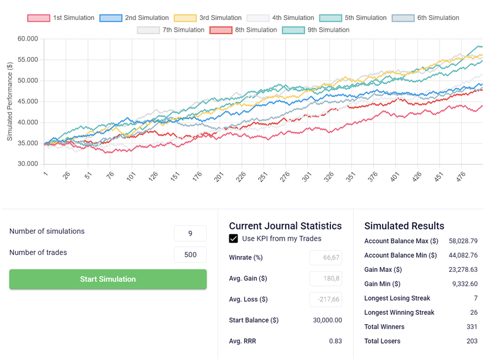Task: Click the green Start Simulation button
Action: pos(108,279)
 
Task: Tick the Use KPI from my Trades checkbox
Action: pos(234,238)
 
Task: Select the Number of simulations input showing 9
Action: pos(190,233)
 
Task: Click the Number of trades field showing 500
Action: pos(190,254)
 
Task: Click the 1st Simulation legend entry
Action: pos(61,18)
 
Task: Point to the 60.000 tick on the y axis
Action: pos(28,39)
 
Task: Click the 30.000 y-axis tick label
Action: pos(28,164)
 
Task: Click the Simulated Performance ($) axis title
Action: pos(10,102)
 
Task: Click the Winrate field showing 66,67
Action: pos(326,258)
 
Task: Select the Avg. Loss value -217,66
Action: pos(326,300)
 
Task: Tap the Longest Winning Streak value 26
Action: pos(473,312)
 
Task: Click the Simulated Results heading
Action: pos(404,226)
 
